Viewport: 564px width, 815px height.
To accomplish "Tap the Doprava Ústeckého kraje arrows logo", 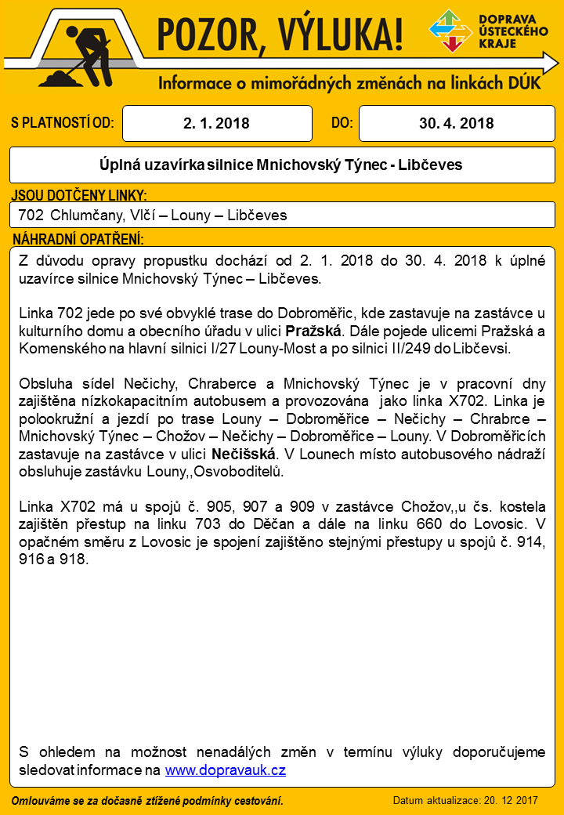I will coord(450,31).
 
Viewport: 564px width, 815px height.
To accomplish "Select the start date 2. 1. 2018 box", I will coord(216,124).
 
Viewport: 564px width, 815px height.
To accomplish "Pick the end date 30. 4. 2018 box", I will coord(456,124).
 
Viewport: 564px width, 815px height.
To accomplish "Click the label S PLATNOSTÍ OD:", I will coord(63,123).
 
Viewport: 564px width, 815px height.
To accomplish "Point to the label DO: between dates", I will coord(342,123).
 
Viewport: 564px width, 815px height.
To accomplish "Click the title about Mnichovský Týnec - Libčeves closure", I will coord(281,165).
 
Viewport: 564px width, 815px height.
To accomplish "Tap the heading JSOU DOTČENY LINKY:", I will coord(79,196).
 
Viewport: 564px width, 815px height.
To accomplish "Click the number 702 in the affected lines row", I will coord(30,215).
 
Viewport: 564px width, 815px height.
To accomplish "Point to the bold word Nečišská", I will coord(244,454).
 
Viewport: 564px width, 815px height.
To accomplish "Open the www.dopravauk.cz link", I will coord(225,770).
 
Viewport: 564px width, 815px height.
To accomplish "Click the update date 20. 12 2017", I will coord(510,800).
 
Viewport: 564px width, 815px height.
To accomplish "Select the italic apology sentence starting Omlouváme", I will coord(147,800).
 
